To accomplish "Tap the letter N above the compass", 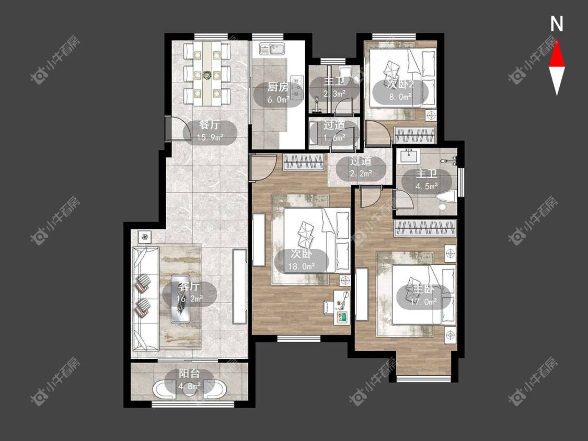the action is [557, 24].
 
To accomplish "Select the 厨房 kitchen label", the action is [278, 88].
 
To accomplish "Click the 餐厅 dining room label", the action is [210, 125].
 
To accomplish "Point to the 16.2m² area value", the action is [189, 299].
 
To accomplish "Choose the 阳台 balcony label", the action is [189, 374].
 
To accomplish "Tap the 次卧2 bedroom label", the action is [400, 84].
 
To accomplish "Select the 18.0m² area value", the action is [301, 266].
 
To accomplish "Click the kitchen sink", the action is [273, 49].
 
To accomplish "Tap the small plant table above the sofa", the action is [144, 237].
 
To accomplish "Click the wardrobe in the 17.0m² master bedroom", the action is [425, 228].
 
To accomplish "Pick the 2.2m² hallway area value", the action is [361, 173].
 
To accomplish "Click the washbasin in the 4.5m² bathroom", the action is [409, 156].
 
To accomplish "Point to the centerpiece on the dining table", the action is [206, 75].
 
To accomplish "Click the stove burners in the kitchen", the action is [297, 88].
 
